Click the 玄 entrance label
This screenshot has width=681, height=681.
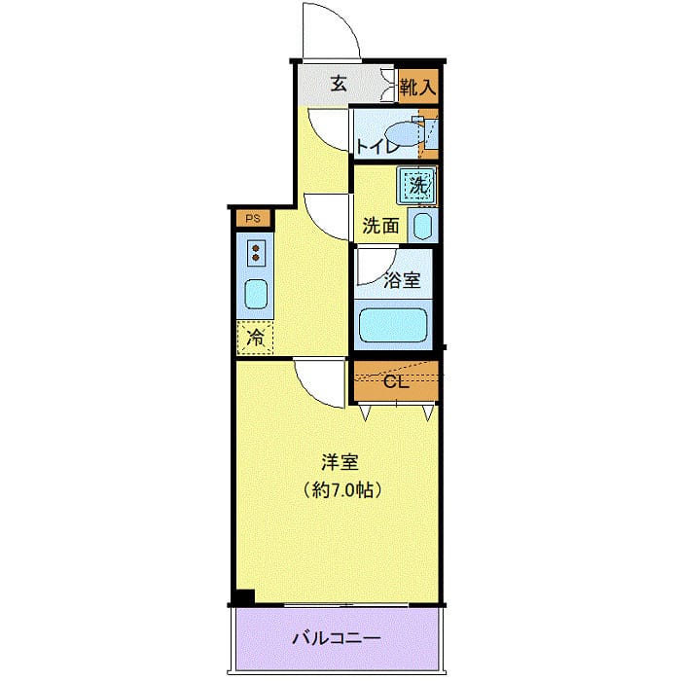[338, 83]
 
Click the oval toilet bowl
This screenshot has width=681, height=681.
[404, 132]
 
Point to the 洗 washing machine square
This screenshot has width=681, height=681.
[416, 183]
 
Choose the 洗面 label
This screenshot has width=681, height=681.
[380, 226]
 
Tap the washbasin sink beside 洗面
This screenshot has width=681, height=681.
[422, 226]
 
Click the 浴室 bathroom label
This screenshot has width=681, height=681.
[401, 280]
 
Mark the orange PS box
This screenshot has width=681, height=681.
[253, 218]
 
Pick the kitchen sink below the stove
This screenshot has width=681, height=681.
[255, 293]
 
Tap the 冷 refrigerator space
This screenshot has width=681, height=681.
[255, 338]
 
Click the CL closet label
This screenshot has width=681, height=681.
[395, 381]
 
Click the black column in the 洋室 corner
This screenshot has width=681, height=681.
[244, 597]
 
